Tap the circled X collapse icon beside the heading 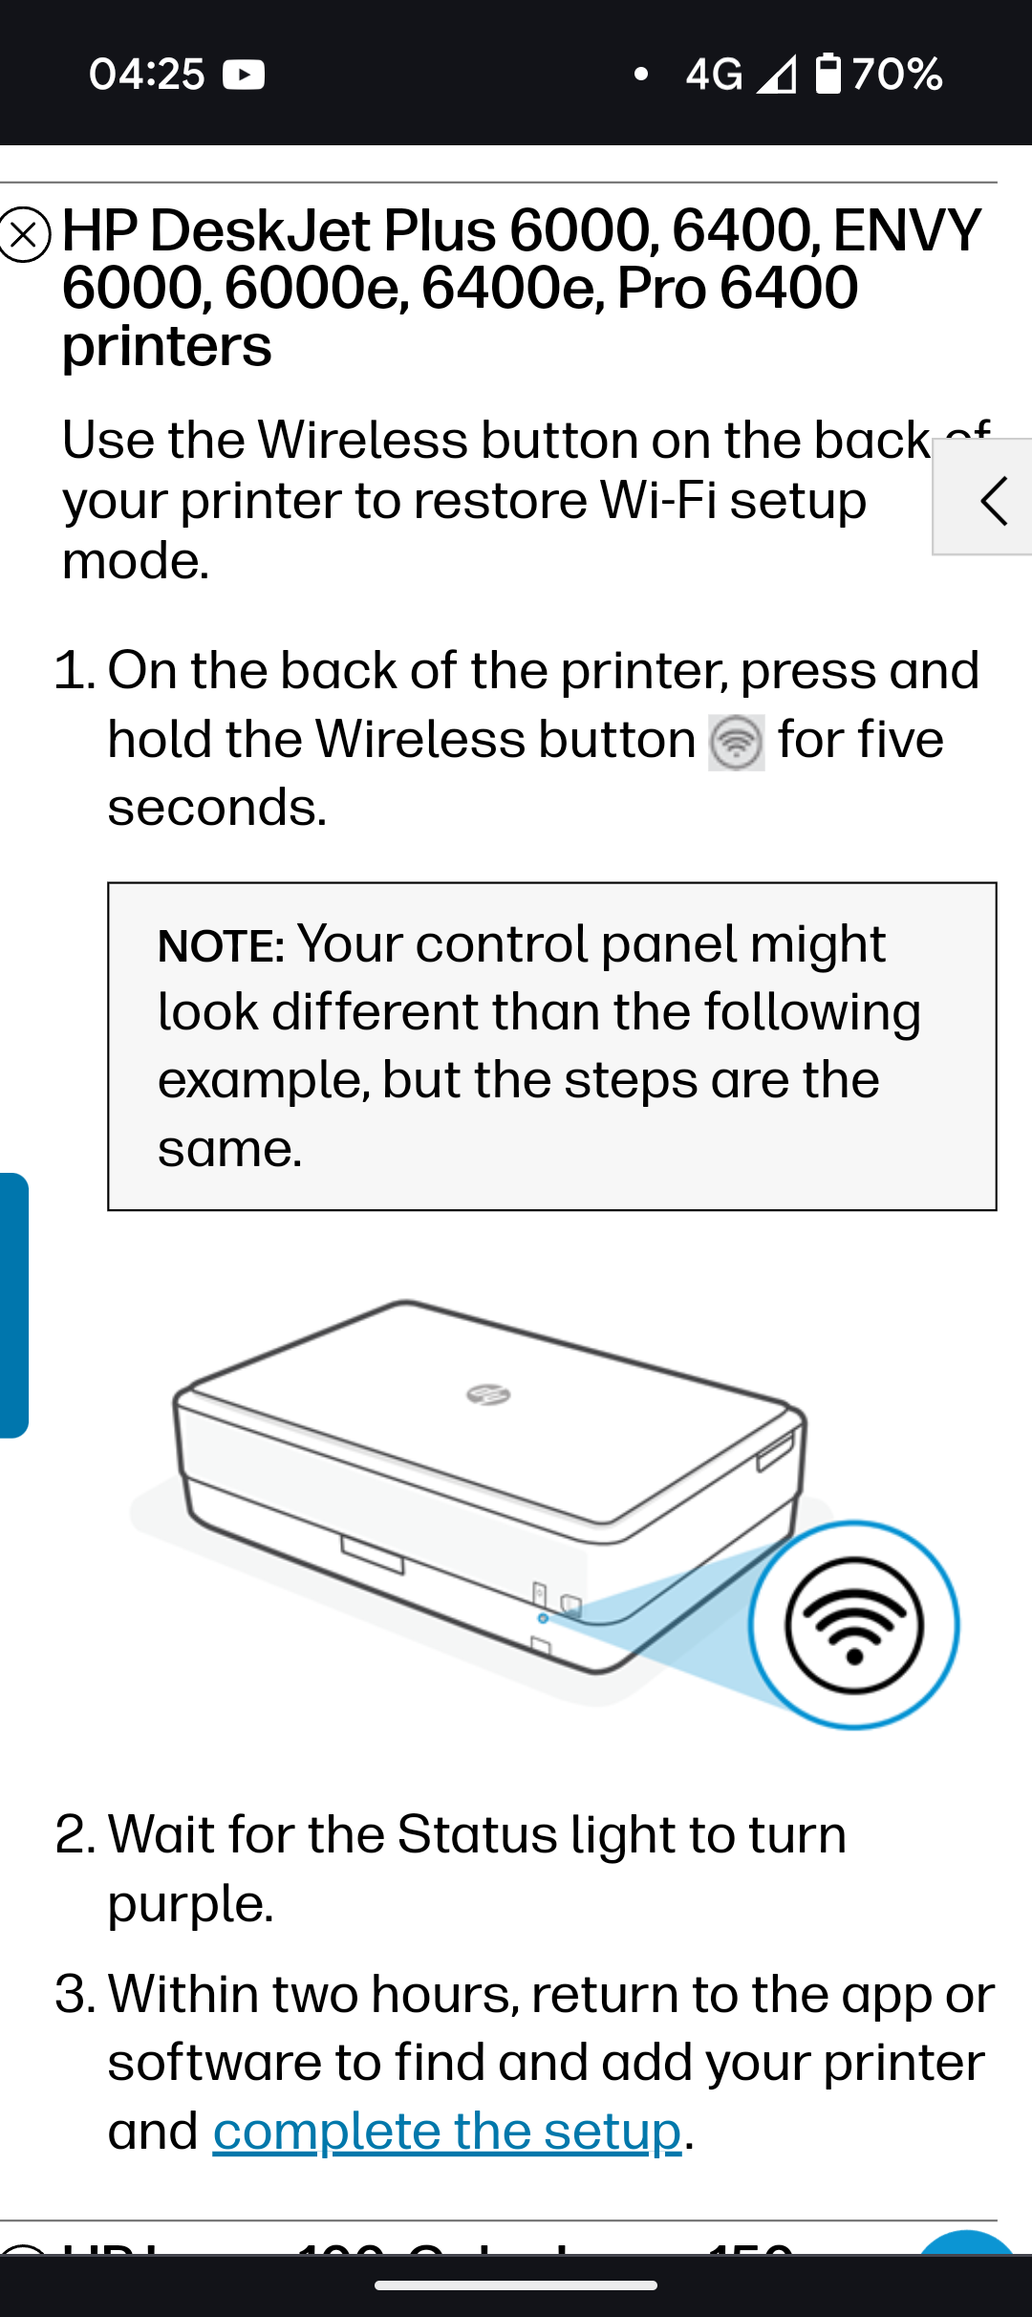25,234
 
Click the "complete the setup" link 447,2131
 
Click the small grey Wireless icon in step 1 736,743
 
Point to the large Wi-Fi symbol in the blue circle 854,1625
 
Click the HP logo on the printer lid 488,1395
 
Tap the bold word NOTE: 221,946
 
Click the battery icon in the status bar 828,74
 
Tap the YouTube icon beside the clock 244,74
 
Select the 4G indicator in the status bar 713,74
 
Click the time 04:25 146,74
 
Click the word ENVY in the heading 906,231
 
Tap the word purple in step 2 190,1903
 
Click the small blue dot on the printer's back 543,1618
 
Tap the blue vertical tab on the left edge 13,1305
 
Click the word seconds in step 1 217,808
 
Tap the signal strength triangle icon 776,74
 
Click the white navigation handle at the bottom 516,2285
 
